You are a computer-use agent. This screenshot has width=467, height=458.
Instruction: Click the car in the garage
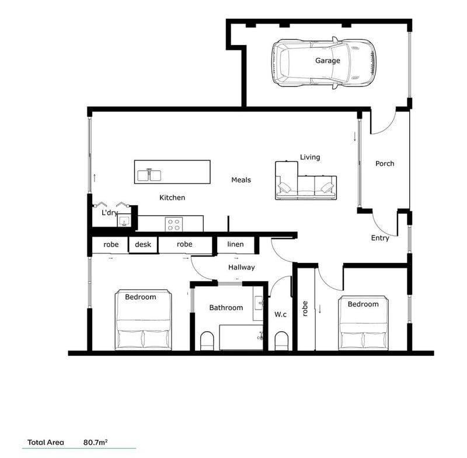[323, 64]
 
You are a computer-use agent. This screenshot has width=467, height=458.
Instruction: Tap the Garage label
[327, 60]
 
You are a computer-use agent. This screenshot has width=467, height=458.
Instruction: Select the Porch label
[384, 164]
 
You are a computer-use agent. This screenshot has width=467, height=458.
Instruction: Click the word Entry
[380, 238]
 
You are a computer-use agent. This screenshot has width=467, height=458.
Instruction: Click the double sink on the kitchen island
[149, 174]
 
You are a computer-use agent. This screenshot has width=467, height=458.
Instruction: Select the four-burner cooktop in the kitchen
[174, 223]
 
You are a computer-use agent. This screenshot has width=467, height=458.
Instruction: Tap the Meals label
[241, 180]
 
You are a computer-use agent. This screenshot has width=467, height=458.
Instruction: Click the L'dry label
[110, 213]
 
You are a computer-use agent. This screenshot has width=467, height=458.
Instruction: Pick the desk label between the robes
[143, 244]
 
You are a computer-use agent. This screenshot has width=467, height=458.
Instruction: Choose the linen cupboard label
[235, 244]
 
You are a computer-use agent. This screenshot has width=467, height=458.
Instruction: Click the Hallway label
[241, 268]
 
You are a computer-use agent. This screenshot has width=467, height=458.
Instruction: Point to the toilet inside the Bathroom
[207, 341]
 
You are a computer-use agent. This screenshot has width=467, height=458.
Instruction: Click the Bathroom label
[226, 307]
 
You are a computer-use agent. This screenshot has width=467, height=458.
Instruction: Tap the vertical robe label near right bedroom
[305, 308]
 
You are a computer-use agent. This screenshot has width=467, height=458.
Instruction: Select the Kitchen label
[172, 197]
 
